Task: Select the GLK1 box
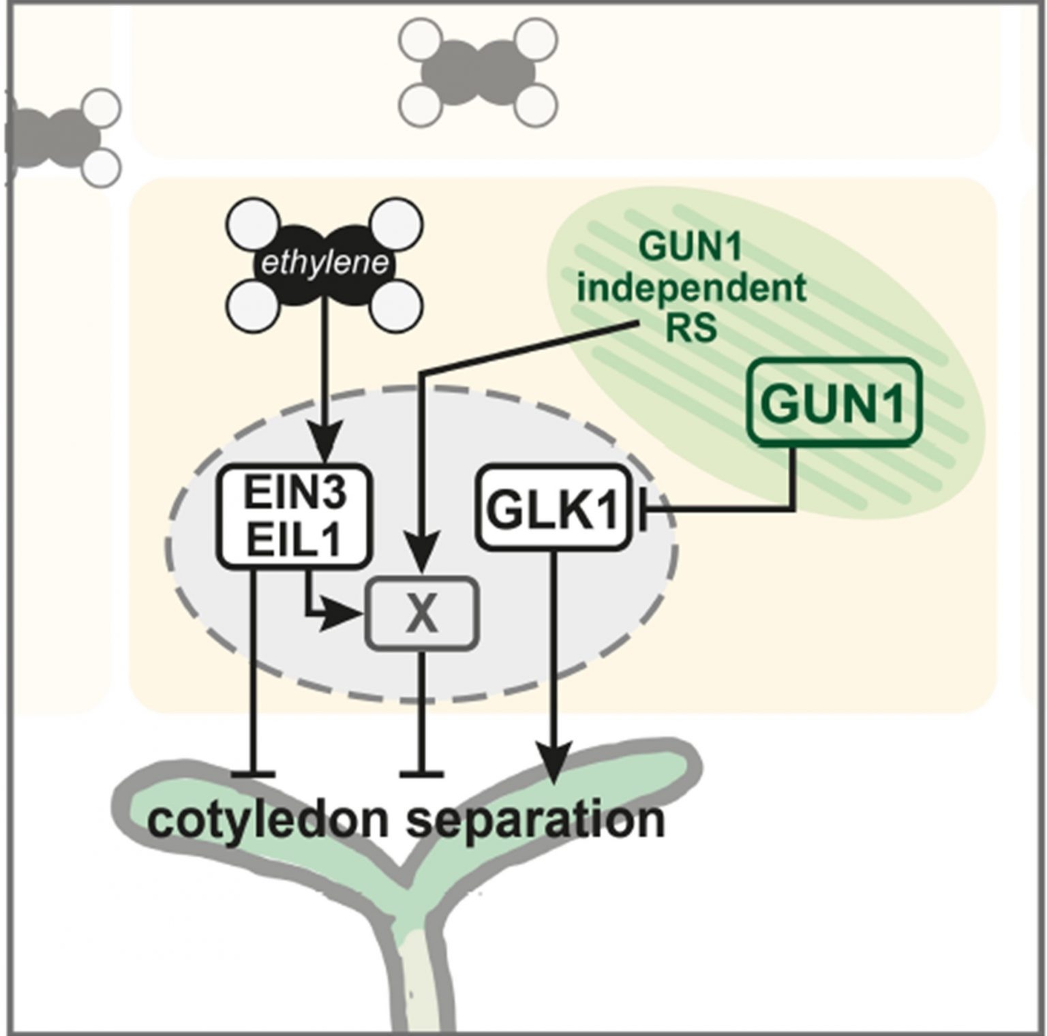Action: pos(552,508)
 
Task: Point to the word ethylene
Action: pos(324,263)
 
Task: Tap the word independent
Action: pos(691,288)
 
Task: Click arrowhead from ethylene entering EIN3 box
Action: pos(324,448)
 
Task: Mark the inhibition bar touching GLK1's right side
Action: pos(643,508)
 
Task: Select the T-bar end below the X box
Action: pos(422,774)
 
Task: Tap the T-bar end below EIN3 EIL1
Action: pos(253,774)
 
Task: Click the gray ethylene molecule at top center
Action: pos(478,73)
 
